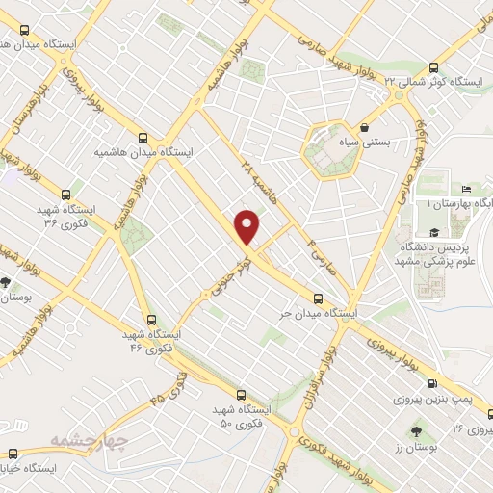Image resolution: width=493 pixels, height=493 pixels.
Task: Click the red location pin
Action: coord(248,226)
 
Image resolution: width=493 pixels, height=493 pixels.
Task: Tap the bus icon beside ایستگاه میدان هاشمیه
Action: coord(143,138)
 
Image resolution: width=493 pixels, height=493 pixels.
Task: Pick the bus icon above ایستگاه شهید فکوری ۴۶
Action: coord(151,320)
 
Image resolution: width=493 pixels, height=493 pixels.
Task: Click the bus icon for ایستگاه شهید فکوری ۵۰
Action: coord(240,395)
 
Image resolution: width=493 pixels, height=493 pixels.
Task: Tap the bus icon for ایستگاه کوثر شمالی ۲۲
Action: coord(433,67)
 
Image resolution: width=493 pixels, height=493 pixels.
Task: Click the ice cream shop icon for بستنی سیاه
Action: coord(364,127)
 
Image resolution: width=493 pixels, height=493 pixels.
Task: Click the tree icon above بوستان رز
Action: coord(416,432)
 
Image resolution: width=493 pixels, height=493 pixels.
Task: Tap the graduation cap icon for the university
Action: coord(434,232)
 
